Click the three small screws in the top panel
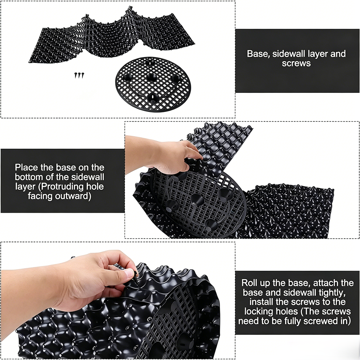[x=79, y=75]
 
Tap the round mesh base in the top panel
[x=153, y=84]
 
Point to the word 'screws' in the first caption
[x=296, y=63]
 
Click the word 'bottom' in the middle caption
[x=29, y=177]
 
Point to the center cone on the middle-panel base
[x=197, y=199]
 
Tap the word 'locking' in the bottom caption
[x=258, y=311]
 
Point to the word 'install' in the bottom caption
[x=261, y=302]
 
